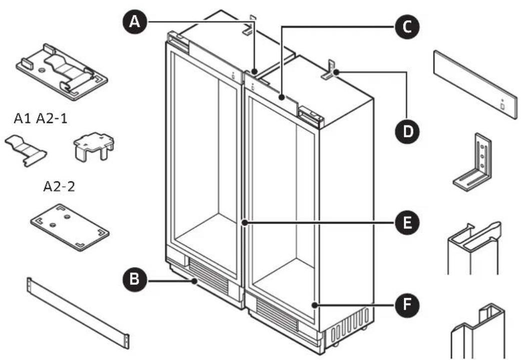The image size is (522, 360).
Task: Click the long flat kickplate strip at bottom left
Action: pyautogui.click(x=79, y=312)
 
